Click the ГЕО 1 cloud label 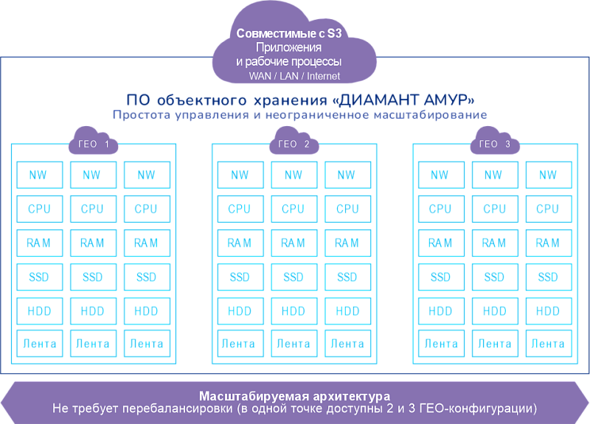pyautogui.click(x=93, y=145)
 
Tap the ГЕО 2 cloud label pyautogui.click(x=294, y=145)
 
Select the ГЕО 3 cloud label pyautogui.click(x=494, y=145)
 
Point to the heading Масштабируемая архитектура pyautogui.click(x=294, y=395)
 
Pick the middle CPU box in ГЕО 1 pyautogui.click(x=92, y=209)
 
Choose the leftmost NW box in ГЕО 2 pyautogui.click(x=240, y=175)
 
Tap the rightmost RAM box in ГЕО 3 pyautogui.click(x=548, y=243)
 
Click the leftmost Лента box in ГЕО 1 pyautogui.click(x=38, y=344)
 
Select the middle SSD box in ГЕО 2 pyautogui.click(x=294, y=277)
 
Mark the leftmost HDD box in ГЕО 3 pyautogui.click(x=440, y=311)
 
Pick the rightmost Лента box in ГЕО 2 pyautogui.click(x=347, y=344)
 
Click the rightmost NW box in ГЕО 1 pyautogui.click(x=146, y=175)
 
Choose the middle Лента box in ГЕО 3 pyautogui.click(x=494, y=344)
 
